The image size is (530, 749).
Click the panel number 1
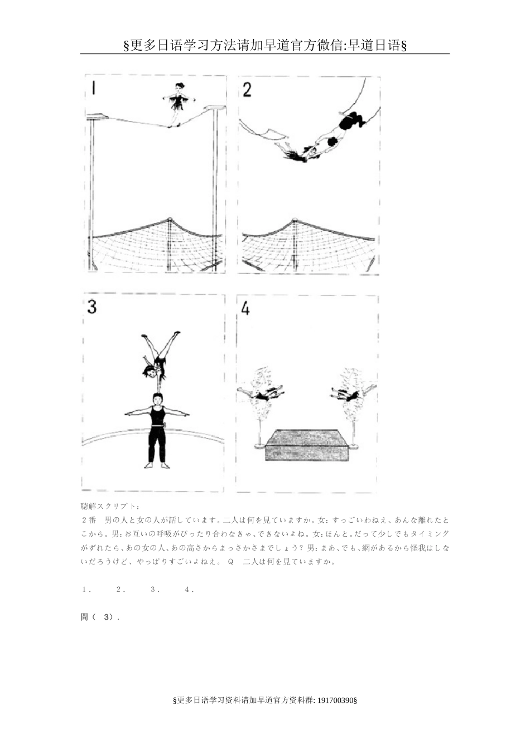(94, 88)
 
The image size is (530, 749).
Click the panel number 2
(247, 89)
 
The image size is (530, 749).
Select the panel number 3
(92, 307)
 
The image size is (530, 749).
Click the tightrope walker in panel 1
(179, 103)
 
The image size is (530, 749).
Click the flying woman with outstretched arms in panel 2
(299, 152)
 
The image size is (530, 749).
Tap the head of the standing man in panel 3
(158, 399)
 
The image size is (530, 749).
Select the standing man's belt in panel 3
(157, 426)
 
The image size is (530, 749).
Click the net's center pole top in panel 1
(170, 220)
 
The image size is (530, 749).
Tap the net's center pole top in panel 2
(295, 222)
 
